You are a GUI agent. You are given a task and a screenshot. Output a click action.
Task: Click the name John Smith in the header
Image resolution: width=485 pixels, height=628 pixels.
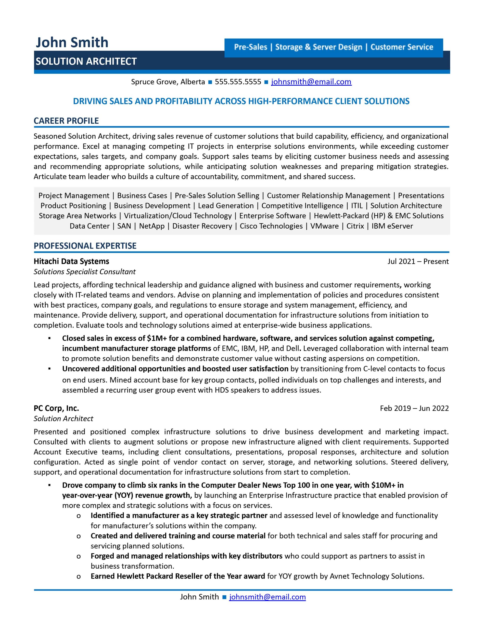click(x=72, y=42)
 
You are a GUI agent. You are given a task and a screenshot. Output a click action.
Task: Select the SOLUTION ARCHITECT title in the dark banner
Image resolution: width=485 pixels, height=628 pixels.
click(x=86, y=61)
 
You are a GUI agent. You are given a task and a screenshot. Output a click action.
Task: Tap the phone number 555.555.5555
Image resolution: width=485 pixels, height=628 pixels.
click(x=238, y=82)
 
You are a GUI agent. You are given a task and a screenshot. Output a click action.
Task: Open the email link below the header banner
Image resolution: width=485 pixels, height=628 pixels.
click(x=311, y=82)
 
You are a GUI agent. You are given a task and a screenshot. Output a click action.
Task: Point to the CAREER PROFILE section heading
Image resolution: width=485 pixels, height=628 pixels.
click(x=66, y=121)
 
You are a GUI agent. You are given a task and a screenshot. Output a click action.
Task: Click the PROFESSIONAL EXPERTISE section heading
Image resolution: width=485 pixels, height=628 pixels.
click(x=85, y=246)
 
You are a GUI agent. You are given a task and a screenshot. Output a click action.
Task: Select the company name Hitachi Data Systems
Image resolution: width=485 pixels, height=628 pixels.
click(x=71, y=261)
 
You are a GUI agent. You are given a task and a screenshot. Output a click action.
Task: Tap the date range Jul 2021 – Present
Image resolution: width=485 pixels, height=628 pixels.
click(x=418, y=261)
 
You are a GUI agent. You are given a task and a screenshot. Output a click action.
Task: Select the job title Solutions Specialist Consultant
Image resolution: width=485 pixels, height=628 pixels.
click(x=85, y=272)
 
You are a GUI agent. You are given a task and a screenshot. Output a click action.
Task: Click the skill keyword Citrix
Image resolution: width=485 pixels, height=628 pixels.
click(x=355, y=226)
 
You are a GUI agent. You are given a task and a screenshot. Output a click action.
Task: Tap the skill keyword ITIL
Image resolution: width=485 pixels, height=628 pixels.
click(x=357, y=206)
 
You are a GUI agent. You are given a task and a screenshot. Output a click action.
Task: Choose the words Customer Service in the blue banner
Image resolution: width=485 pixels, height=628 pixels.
click(x=402, y=47)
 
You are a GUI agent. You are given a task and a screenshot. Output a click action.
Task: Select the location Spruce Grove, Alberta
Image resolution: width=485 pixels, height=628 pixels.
click(x=168, y=82)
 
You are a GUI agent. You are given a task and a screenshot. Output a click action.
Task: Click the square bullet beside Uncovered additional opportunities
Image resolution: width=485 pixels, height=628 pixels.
click(x=50, y=369)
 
